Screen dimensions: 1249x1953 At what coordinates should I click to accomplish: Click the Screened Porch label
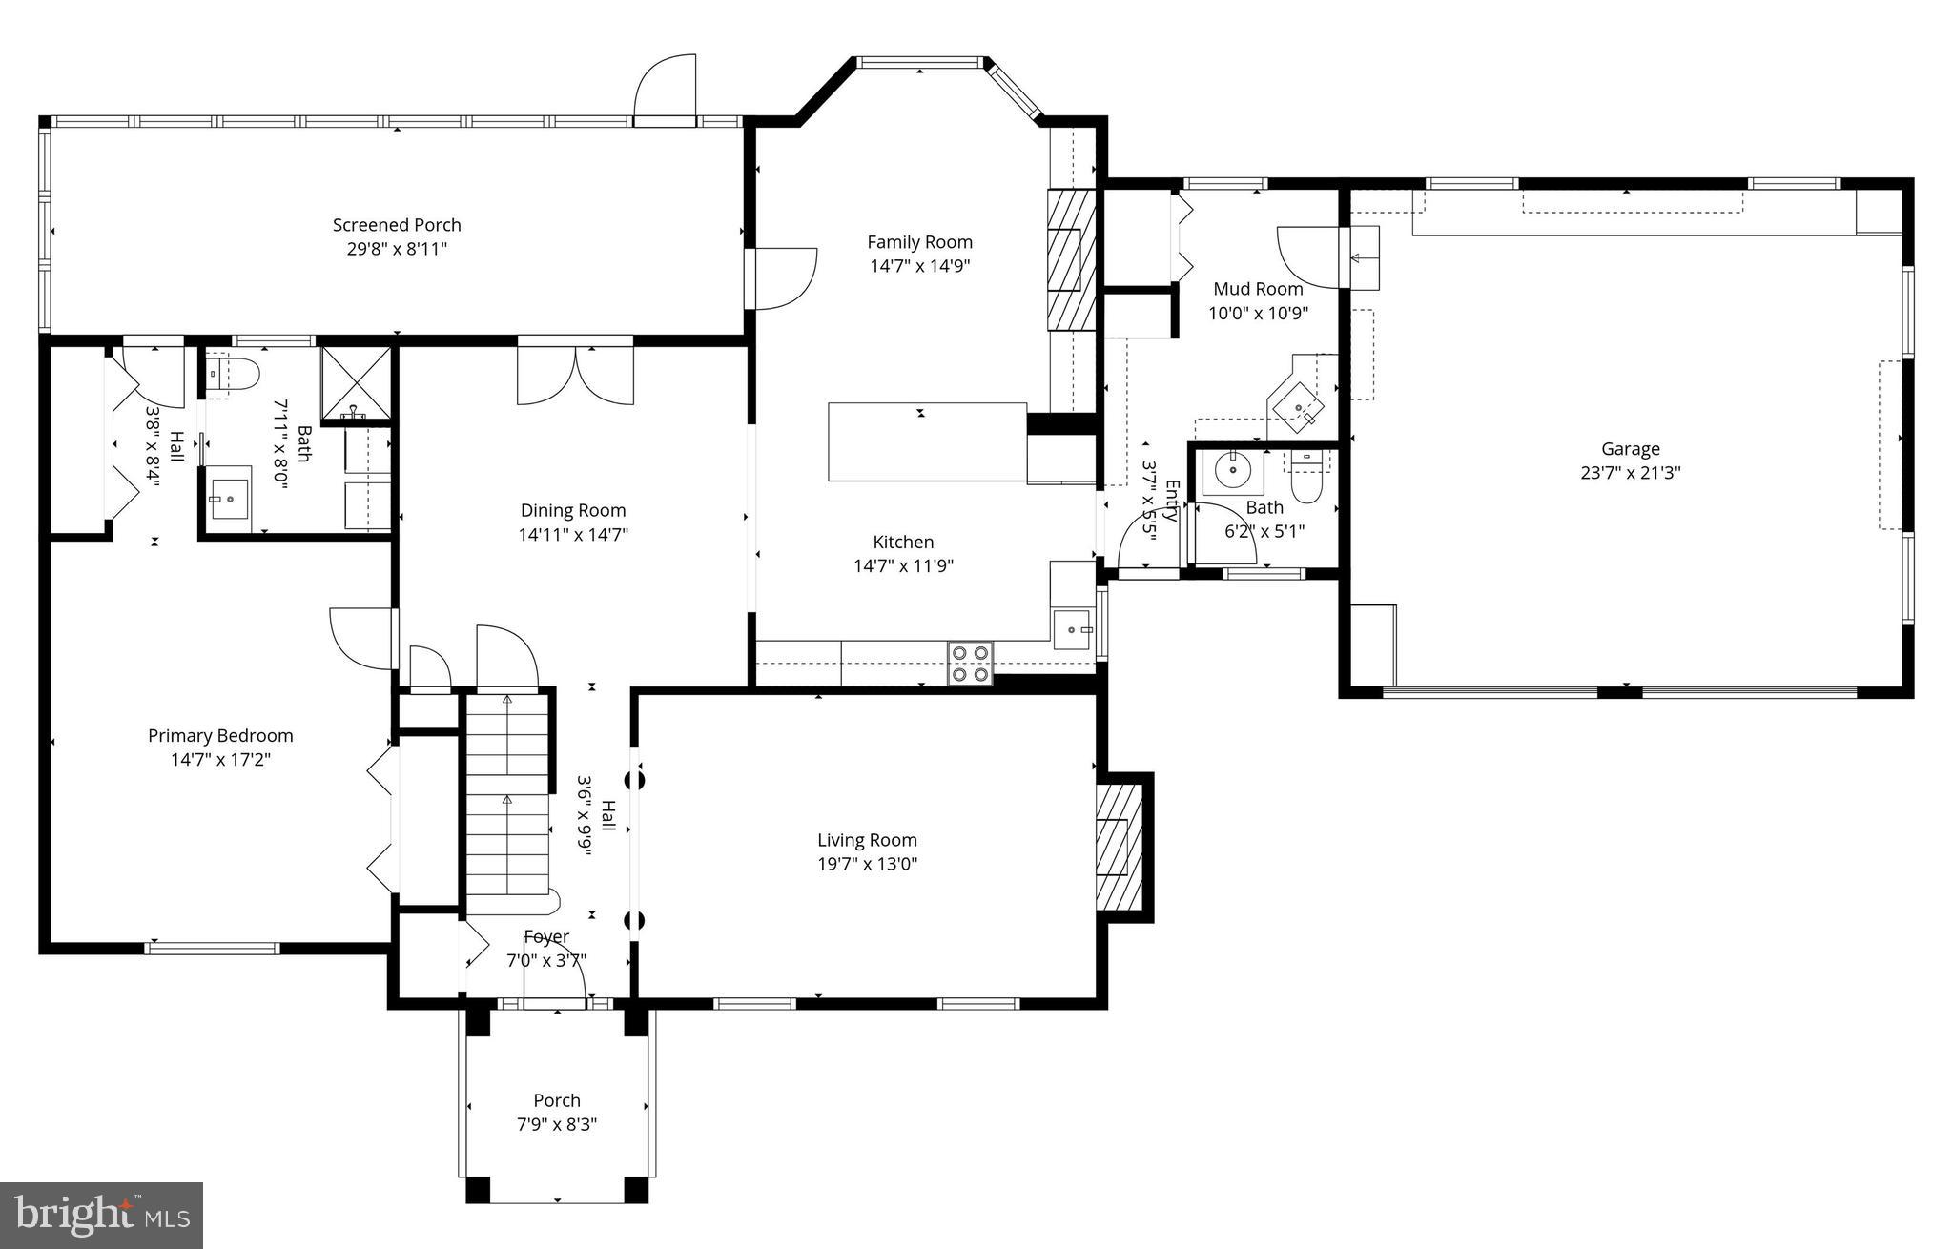(x=397, y=225)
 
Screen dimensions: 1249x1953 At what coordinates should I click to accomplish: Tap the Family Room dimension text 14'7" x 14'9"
(x=919, y=266)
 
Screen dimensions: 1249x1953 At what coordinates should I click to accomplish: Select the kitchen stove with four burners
(x=970, y=664)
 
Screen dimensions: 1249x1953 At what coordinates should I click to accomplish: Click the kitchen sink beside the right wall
(x=1075, y=629)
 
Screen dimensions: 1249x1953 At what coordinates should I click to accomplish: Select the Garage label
(x=1630, y=448)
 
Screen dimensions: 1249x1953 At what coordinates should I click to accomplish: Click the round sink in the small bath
(x=1233, y=469)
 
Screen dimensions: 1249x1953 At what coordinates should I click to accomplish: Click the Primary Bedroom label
(x=220, y=736)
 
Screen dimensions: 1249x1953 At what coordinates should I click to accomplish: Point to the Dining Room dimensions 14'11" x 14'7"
(x=573, y=535)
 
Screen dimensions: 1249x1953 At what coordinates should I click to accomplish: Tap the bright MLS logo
(x=101, y=1216)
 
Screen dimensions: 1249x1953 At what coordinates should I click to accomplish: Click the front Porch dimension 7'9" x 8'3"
(x=557, y=1124)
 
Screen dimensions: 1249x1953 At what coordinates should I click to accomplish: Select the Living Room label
(x=867, y=840)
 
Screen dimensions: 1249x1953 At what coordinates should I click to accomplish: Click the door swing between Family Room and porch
(x=785, y=278)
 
